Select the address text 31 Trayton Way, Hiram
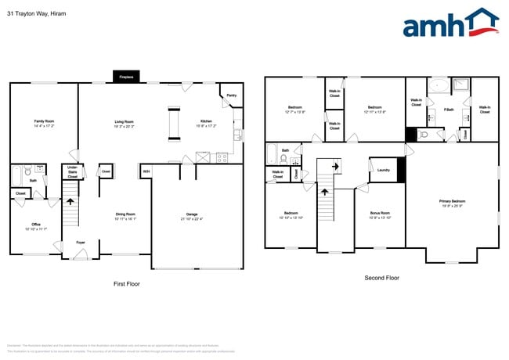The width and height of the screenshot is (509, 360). (x=36, y=13)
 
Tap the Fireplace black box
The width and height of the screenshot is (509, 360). (x=125, y=77)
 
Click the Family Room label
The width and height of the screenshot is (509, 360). (x=44, y=121)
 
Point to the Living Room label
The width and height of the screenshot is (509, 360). (x=125, y=121)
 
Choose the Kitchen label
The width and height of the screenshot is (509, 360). (x=205, y=121)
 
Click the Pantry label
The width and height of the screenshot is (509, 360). (x=231, y=95)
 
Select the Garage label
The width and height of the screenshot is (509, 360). (x=191, y=214)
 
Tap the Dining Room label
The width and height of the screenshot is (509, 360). (x=126, y=214)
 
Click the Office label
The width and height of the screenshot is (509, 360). (x=36, y=225)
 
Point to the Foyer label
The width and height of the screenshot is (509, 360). (x=81, y=243)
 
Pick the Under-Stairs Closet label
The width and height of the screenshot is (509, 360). (x=72, y=171)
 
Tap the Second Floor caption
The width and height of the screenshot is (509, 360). (x=382, y=278)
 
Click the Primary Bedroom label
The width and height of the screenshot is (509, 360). (x=451, y=201)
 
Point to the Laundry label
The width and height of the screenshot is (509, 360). (x=384, y=170)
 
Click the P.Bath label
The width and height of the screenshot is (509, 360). (x=449, y=110)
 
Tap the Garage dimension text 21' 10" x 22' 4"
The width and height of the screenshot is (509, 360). (x=191, y=219)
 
